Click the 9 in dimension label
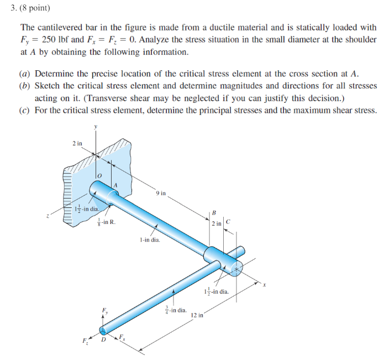[160, 194]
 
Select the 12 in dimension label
[197, 316]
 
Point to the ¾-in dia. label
[176, 311]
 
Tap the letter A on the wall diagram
[115, 184]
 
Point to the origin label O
[99, 175]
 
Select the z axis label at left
[47, 216]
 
